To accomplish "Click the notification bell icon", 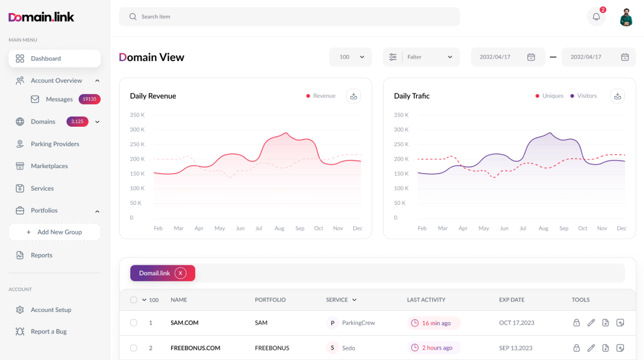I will [596, 17].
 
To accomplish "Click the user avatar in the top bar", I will [626, 17].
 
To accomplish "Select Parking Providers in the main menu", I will [54, 144].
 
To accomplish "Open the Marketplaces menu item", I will [49, 166].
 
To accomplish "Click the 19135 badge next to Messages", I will [89, 99].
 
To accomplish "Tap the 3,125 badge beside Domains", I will [77, 121].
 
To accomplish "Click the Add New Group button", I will [54, 232].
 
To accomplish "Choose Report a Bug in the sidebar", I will [49, 332].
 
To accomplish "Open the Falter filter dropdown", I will [421, 57].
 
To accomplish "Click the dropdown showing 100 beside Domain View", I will [350, 57].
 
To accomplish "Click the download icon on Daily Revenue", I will [353, 96].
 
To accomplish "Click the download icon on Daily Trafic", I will [617, 96].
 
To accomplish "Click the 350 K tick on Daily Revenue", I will [136, 115].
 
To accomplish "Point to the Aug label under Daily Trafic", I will [543, 228].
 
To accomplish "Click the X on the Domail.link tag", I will [181, 273].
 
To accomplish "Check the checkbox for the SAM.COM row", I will [134, 323].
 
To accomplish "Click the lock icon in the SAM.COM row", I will [577, 323].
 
